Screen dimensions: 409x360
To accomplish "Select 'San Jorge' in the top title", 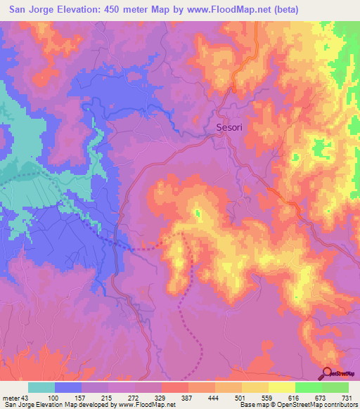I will (x=27, y=10).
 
